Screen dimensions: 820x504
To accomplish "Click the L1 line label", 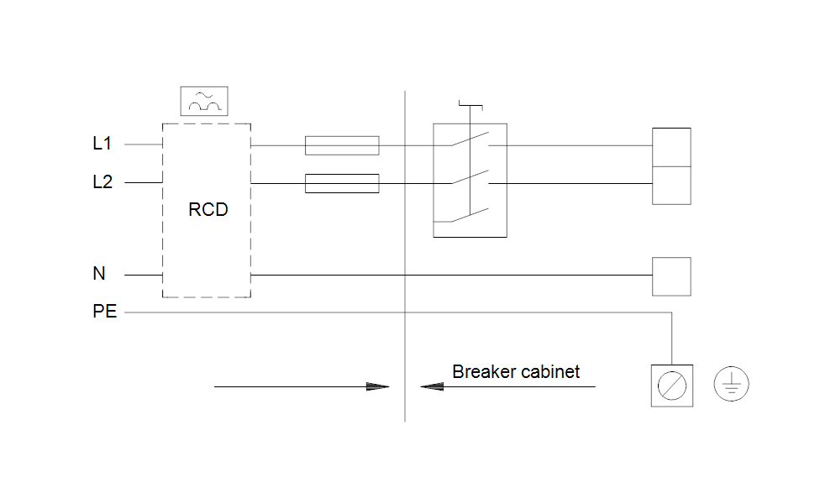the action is tap(102, 144).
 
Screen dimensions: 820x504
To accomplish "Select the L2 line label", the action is tap(102, 182).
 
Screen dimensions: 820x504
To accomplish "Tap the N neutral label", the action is tap(99, 274).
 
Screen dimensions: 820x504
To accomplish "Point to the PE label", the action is tap(104, 312).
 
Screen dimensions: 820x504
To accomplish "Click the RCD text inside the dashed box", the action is tap(208, 210).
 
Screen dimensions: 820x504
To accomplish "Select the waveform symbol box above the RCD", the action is tap(204, 101).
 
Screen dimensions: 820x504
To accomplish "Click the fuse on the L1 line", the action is tap(342, 145).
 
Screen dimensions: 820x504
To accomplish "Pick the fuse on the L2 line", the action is tap(342, 183).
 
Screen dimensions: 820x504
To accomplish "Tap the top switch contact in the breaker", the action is tap(470, 139).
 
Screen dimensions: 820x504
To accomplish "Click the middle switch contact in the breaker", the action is tap(470, 177).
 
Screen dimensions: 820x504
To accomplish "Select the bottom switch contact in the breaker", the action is tap(470, 215).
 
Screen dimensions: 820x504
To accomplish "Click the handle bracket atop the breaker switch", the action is tap(470, 106).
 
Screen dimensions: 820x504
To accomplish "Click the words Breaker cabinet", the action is tap(516, 372).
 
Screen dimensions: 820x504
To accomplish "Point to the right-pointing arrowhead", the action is tap(377, 387).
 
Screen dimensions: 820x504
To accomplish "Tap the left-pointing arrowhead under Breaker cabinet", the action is tap(432, 387).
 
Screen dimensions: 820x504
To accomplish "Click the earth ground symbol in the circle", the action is tap(731, 384).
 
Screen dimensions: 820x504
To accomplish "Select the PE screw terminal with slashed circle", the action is tap(672, 386).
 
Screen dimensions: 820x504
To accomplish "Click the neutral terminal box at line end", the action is tap(671, 276).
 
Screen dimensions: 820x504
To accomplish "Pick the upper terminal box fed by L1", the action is tap(671, 148).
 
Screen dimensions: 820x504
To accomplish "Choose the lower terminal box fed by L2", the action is tap(671, 186).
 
